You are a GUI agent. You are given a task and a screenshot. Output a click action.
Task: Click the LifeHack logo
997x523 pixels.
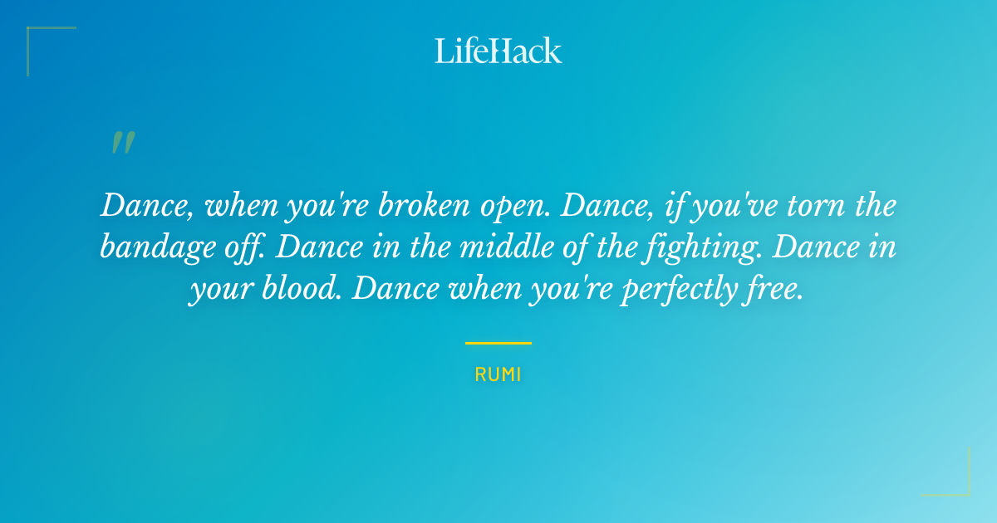(x=498, y=51)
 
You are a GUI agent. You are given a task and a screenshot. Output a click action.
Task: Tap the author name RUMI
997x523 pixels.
(x=498, y=374)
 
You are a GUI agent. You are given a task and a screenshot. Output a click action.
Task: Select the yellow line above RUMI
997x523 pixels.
(x=498, y=343)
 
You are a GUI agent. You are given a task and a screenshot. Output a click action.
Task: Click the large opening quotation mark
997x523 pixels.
(x=122, y=144)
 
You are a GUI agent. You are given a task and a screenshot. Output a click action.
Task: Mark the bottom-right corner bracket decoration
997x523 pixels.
(x=955, y=481)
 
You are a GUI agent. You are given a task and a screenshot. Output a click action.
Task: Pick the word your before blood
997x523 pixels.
(x=217, y=291)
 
